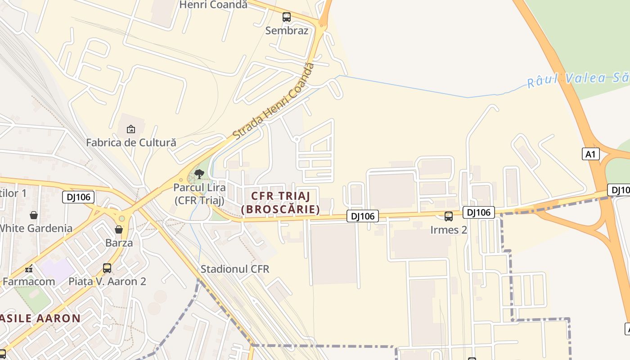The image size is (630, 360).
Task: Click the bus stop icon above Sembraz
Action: pyautogui.click(x=287, y=18)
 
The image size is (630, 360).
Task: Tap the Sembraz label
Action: pyautogui.click(x=287, y=31)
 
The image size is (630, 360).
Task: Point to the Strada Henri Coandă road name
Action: pyautogui.click(x=273, y=101)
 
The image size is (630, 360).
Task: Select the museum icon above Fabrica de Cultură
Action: pyautogui.click(x=131, y=130)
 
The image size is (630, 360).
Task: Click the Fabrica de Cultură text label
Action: pyautogui.click(x=131, y=143)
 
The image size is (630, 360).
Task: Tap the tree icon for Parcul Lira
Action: pyautogui.click(x=199, y=174)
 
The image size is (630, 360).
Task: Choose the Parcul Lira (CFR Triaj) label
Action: pyautogui.click(x=199, y=194)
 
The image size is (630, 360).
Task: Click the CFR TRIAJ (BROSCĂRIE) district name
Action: pyautogui.click(x=281, y=202)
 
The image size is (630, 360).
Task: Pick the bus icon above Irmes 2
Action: pyautogui.click(x=449, y=216)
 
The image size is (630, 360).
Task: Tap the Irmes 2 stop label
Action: pyautogui.click(x=449, y=230)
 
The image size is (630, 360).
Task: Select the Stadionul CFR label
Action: pyautogui.click(x=235, y=269)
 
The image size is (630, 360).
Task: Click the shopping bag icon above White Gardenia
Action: pyautogui.click(x=33, y=215)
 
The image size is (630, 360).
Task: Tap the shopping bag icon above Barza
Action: pyautogui.click(x=119, y=230)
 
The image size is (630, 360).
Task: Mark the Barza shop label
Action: pyautogui.click(x=119, y=243)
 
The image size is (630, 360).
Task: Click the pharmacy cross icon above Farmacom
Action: pyautogui.click(x=29, y=269)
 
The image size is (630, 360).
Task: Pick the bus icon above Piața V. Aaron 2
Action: pyautogui.click(x=107, y=268)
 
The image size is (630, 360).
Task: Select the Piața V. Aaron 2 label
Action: pyautogui.click(x=107, y=282)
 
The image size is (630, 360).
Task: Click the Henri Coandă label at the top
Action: pyautogui.click(x=213, y=4)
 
